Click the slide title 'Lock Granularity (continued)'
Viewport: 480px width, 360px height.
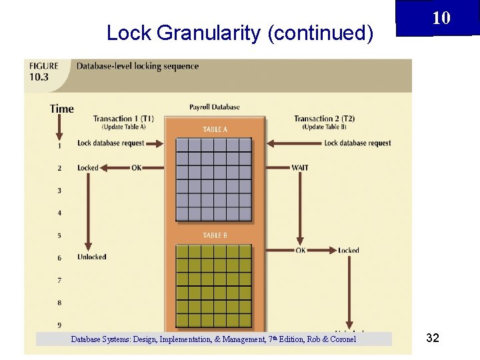239,33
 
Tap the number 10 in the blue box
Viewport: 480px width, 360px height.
441,18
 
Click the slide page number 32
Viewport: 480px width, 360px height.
432,339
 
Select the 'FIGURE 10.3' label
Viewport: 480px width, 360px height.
44,71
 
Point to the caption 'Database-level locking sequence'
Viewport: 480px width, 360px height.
137,66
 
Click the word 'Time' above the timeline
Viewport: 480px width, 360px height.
61,109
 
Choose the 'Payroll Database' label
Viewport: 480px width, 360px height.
215,107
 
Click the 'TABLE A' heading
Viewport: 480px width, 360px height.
215,129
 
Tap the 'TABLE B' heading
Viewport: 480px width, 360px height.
215,235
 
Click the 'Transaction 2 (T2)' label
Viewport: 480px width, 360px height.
325,119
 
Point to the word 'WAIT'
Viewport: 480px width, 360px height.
300,167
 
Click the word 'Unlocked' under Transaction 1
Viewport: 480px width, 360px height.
92,257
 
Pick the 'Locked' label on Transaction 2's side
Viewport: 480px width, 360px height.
348,251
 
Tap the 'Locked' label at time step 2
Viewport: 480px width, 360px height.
87,168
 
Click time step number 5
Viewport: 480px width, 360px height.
59,235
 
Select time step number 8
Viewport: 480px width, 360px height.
59,303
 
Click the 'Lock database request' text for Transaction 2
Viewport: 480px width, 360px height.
357,143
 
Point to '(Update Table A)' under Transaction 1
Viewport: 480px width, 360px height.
123,127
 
